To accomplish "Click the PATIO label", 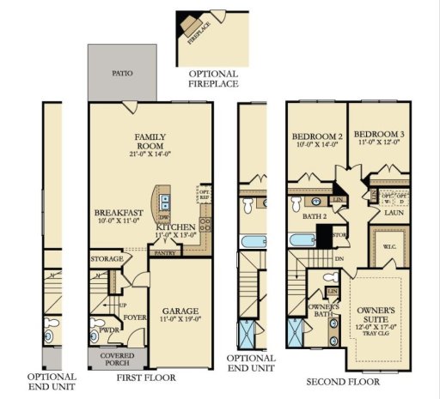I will (x=123, y=75).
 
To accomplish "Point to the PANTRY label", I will (x=162, y=253).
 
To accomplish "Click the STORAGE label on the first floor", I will (x=106, y=258).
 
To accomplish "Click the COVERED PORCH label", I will (x=117, y=360).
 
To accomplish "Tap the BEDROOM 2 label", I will (x=317, y=136).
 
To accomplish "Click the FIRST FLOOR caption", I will (x=147, y=378).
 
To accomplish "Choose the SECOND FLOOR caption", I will (x=345, y=378).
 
